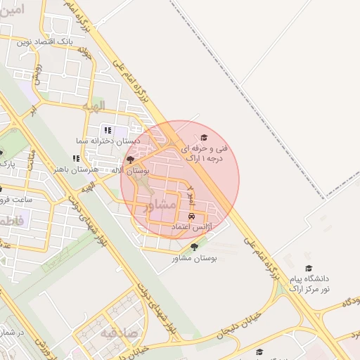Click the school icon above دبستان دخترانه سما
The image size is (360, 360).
point(108,130)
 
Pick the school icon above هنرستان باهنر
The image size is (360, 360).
point(76,159)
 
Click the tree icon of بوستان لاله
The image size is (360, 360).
point(130,160)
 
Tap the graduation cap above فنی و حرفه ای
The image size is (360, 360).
point(204,138)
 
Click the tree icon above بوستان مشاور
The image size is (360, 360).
point(195,247)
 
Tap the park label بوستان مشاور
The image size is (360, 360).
point(195,258)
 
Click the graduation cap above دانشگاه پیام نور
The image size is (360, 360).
point(308,269)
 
